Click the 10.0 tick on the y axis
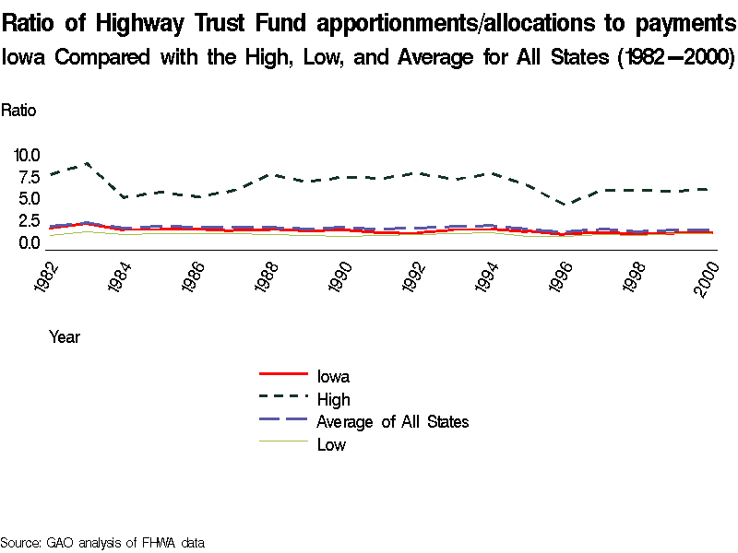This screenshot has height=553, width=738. tap(27, 155)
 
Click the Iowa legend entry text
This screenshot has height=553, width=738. tap(333, 376)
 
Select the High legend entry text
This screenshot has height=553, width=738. tap(333, 399)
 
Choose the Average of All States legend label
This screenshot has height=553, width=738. tap(392, 422)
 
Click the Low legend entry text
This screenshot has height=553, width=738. tap(331, 445)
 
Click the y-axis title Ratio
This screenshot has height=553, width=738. tap(18, 111)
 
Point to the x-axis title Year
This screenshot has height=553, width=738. tap(65, 337)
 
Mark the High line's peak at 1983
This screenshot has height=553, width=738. tap(86, 164)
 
